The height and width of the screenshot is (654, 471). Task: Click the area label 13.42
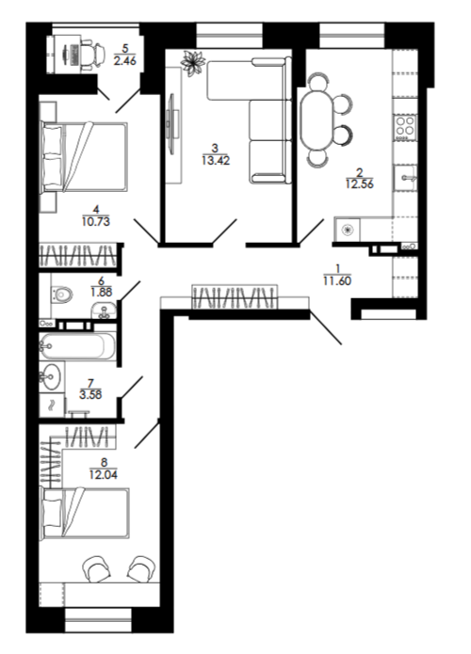[216, 160]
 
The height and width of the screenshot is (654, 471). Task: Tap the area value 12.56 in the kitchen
[360, 183]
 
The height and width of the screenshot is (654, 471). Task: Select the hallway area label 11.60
[337, 280]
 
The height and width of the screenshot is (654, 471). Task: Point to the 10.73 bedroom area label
[96, 221]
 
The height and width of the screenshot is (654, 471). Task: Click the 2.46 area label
[125, 61]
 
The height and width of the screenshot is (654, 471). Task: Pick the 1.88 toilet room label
[101, 292]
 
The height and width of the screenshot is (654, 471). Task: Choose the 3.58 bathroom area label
[90, 394]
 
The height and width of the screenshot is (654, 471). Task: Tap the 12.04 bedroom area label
[103, 474]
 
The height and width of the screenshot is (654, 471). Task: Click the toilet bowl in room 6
[62, 295]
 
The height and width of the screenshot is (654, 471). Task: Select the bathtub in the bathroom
[77, 345]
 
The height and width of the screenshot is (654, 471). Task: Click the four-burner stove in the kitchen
[405, 127]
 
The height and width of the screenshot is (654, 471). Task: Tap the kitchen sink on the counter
[405, 178]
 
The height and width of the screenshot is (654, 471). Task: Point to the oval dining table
[317, 120]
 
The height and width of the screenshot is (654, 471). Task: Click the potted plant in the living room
[192, 62]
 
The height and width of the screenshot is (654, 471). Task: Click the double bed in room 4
[84, 156]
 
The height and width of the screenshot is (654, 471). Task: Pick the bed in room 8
[85, 513]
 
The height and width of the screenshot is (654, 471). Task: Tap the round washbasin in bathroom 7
[52, 377]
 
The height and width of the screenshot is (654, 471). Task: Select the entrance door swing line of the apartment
[325, 327]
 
